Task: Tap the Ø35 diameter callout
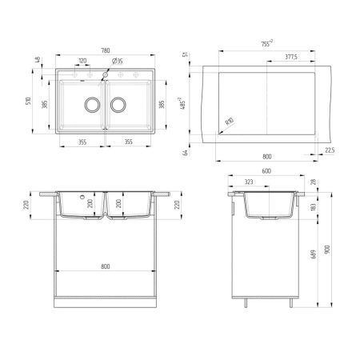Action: (x=117, y=61)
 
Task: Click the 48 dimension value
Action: (x=38, y=60)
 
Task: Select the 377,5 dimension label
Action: (x=290, y=58)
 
